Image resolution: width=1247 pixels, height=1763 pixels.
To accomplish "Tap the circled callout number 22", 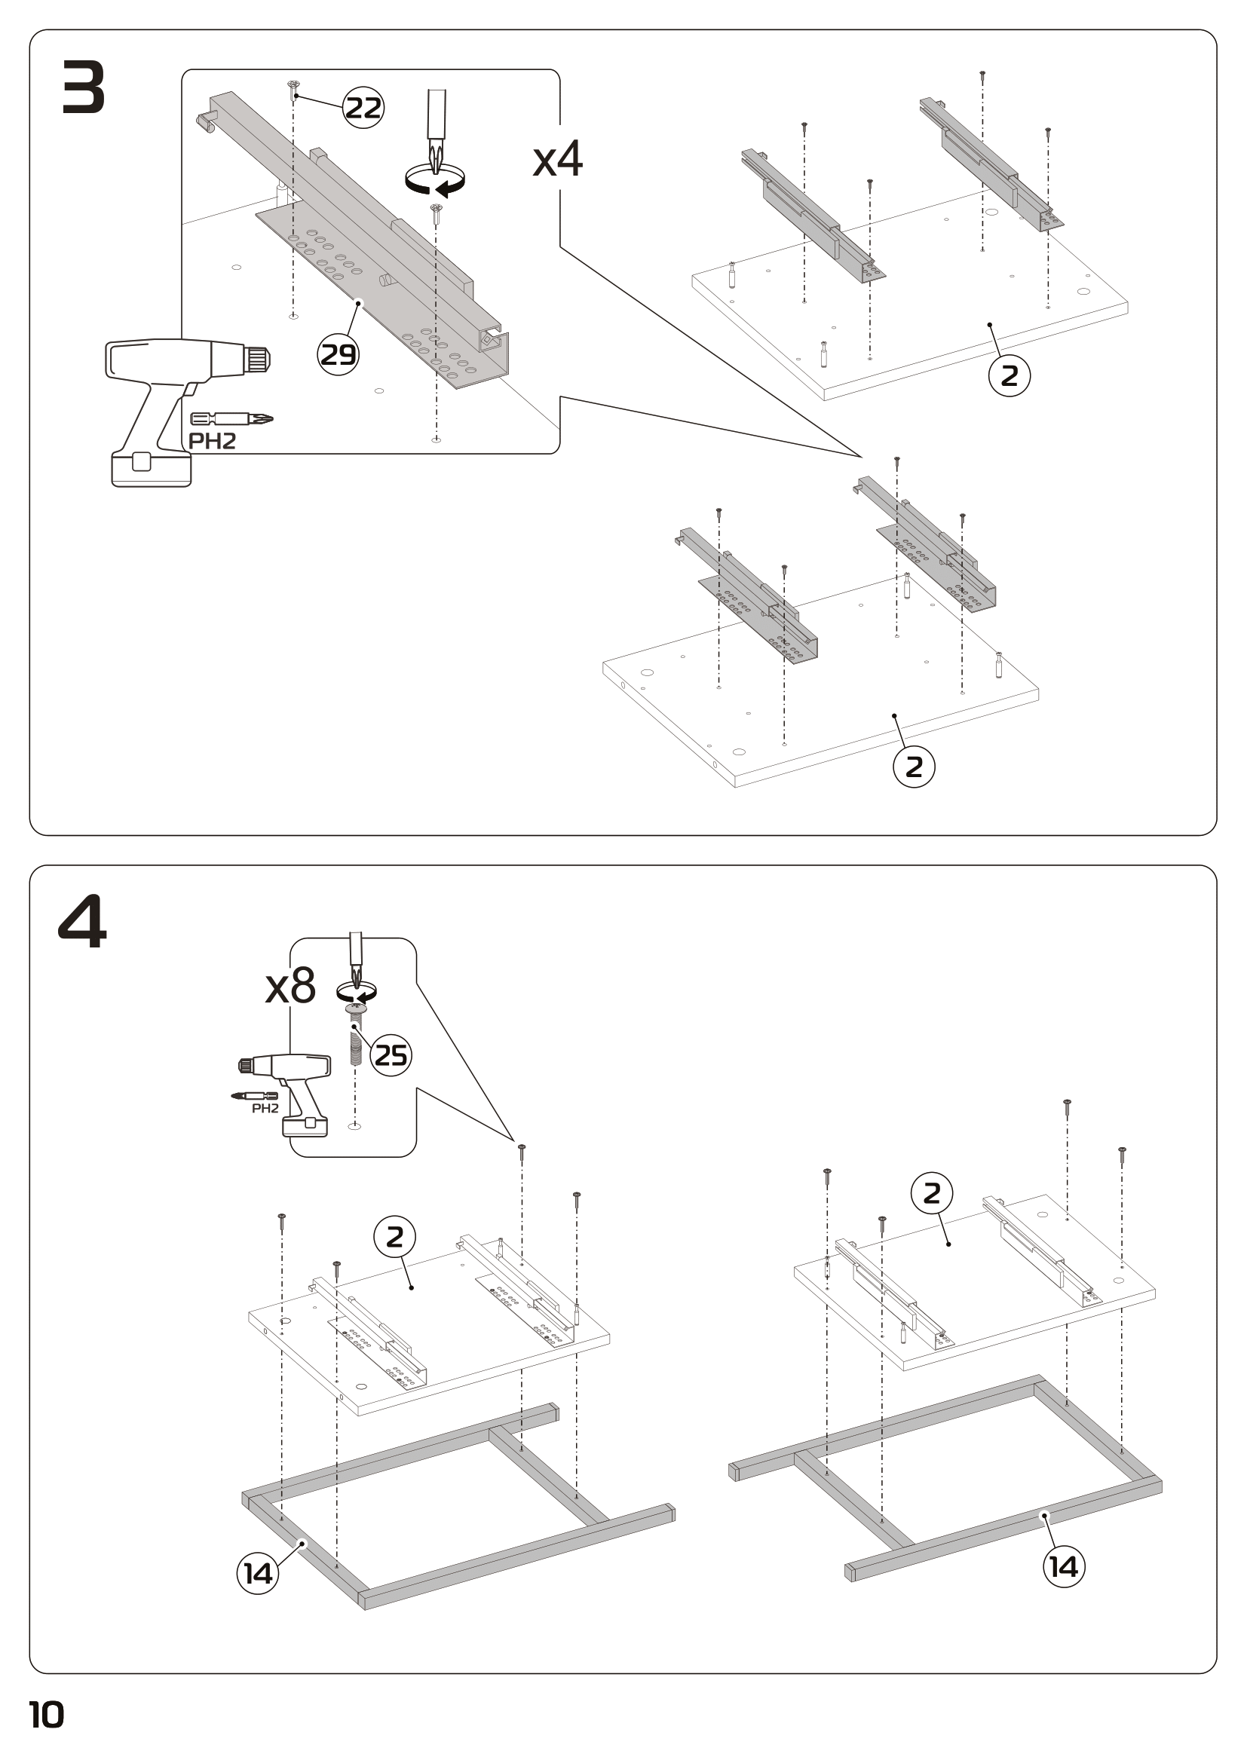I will click(363, 108).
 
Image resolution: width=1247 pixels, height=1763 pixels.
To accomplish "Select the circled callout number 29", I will click(339, 355).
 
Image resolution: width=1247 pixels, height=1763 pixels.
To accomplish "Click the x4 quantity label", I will click(558, 160).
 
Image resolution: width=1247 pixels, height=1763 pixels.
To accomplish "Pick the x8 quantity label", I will click(290, 987).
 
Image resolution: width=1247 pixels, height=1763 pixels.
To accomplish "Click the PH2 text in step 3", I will click(212, 442).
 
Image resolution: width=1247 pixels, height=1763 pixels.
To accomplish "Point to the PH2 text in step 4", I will click(265, 1109).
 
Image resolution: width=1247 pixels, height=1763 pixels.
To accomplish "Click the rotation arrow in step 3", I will click(435, 180).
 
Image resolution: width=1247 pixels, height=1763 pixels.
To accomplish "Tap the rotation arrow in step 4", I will click(357, 992).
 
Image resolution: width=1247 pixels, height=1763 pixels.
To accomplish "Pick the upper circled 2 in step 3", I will click(1009, 375).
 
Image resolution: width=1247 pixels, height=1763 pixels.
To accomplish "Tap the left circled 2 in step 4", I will click(394, 1237).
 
